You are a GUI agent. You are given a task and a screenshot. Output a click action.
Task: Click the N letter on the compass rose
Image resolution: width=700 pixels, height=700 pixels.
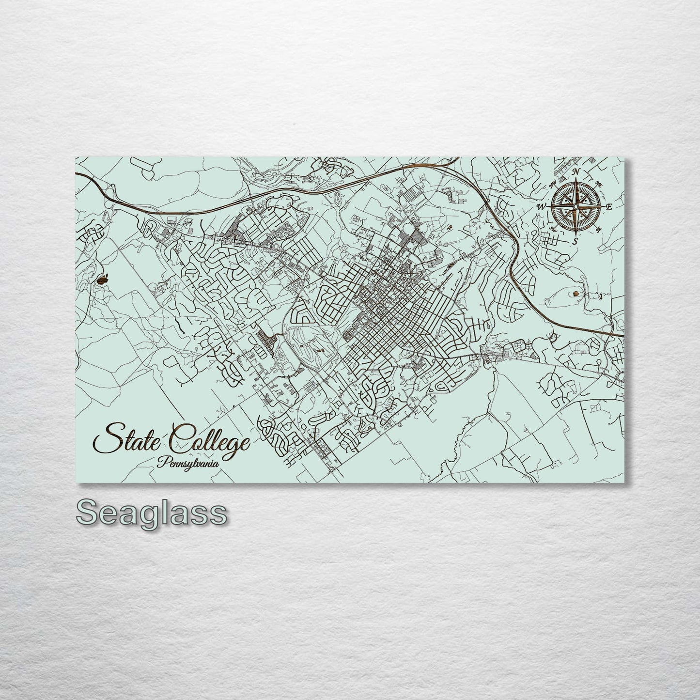[x=576, y=172]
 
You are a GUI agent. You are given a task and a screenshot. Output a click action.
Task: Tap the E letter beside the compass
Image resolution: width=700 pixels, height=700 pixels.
[x=609, y=207]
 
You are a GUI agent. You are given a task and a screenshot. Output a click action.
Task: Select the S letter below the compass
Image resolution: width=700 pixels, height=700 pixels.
[x=575, y=241]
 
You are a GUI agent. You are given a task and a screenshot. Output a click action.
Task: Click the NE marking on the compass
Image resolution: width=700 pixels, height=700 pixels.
[x=599, y=185]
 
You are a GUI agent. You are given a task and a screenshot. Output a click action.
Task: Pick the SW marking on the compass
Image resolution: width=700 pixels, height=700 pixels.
[x=553, y=229]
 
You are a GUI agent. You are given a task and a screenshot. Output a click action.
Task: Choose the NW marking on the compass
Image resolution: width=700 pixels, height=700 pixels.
[x=553, y=184]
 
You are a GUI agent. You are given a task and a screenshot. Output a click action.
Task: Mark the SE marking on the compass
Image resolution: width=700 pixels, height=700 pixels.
[x=599, y=229]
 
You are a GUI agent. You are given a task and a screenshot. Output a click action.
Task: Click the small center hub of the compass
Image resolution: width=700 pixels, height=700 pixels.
[x=575, y=207]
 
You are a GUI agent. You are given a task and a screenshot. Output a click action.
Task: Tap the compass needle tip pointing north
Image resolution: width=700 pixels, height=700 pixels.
[x=576, y=180]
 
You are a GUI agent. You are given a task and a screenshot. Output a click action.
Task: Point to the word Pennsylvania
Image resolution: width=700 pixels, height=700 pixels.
[x=187, y=462]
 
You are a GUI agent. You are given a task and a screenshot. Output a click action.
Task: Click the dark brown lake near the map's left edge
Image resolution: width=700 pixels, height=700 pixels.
[x=103, y=280]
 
